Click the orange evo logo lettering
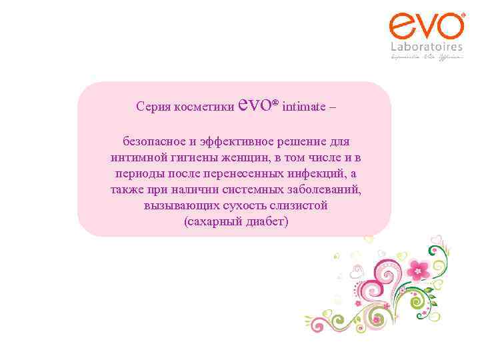[426, 27]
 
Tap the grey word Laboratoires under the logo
[427, 47]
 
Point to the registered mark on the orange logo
[463, 15]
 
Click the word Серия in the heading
[151, 107]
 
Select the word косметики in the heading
[203, 107]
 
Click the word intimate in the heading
[305, 107]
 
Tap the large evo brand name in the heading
[255, 104]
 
